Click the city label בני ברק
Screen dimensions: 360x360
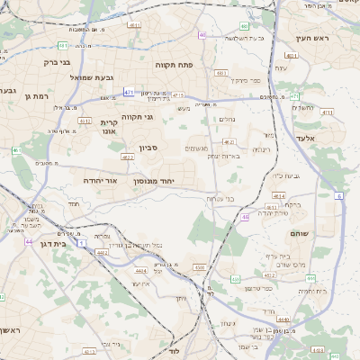[57, 62]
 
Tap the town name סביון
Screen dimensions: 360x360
[148, 148]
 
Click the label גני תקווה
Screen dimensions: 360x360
[136, 116]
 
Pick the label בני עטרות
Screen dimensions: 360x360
[220, 198]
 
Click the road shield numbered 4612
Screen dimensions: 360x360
[85, 120]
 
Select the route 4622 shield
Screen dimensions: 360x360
[127, 157]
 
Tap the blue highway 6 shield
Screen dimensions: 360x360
[338, 194]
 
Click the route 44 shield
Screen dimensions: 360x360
[29, 241]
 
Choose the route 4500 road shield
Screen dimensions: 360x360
[200, 267]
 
